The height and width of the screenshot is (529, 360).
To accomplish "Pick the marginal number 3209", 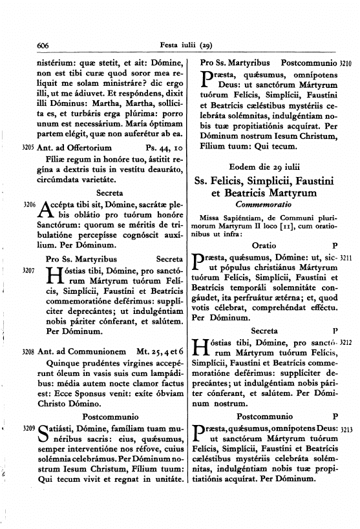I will pyautogui.click(x=27, y=428).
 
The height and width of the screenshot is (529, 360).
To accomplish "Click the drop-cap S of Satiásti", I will pyautogui.click(x=45, y=431).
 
